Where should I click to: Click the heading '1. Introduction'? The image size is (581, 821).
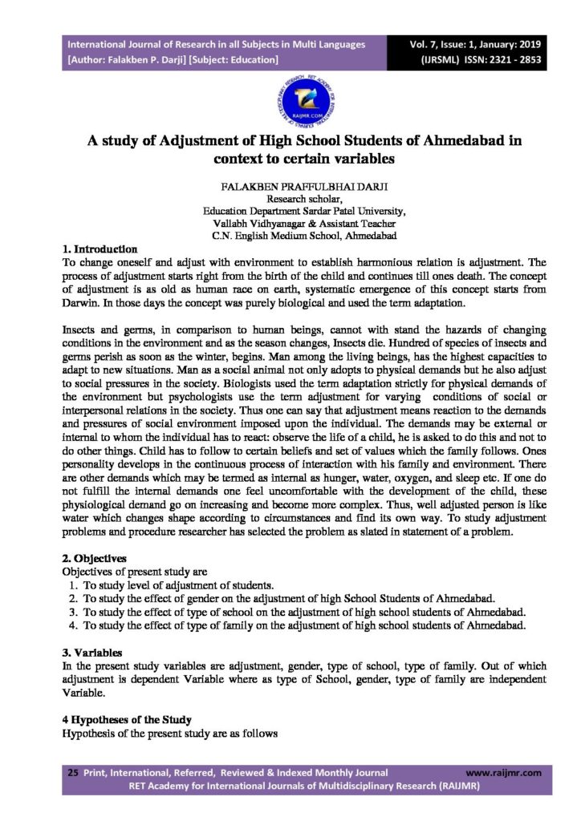[99, 249]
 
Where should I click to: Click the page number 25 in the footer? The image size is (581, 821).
[72, 773]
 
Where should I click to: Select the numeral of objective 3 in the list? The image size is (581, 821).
[72, 611]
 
